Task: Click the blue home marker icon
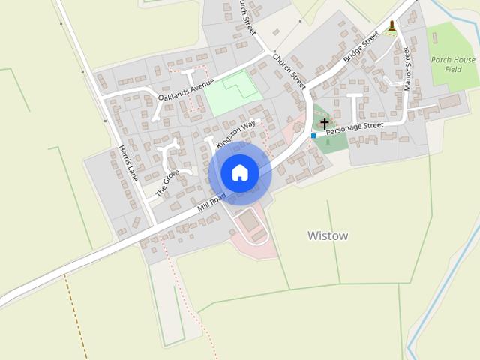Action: pyautogui.click(x=239, y=173)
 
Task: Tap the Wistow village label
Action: pyautogui.click(x=328, y=235)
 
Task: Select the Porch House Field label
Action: pyautogui.click(x=453, y=64)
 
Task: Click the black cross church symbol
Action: pyautogui.click(x=325, y=122)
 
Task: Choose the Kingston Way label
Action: pyautogui.click(x=236, y=133)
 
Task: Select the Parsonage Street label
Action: pyautogui.click(x=356, y=129)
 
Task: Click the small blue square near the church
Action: pyautogui.click(x=313, y=136)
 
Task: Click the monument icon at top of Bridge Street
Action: pyautogui.click(x=392, y=28)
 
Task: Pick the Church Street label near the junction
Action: pyautogui.click(x=289, y=70)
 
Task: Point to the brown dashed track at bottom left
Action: pyautogui.click(x=76, y=315)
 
